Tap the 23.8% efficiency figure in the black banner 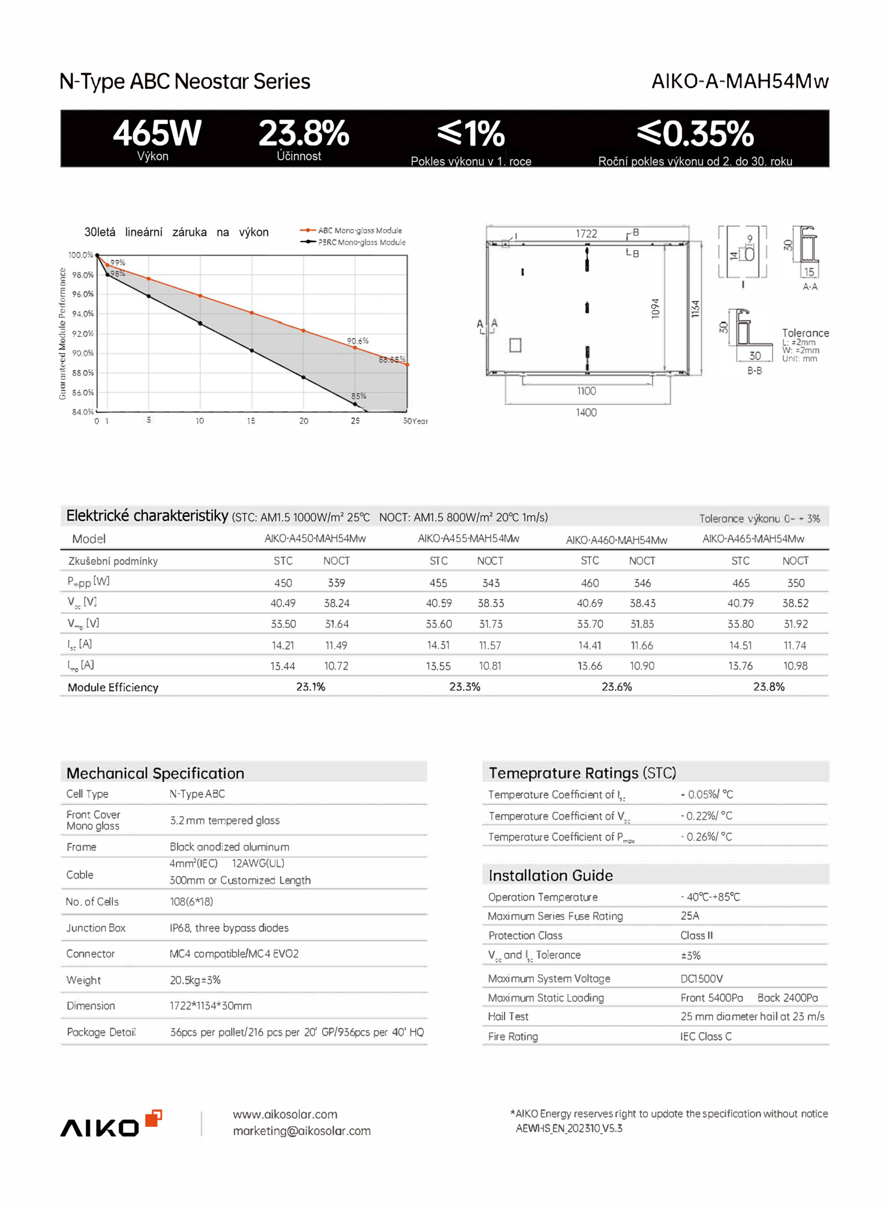click(303, 133)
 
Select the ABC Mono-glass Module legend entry click(359, 230)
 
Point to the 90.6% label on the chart click(357, 341)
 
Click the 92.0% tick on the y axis click(82, 334)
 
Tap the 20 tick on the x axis click(303, 421)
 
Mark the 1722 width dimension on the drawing click(586, 234)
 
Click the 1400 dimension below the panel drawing click(586, 413)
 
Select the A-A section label click(809, 287)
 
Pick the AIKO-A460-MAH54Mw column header click(616, 540)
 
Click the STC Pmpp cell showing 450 click(283, 583)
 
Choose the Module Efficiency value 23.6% click(617, 687)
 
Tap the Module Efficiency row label click(113, 687)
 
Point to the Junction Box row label click(96, 928)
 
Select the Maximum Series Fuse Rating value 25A click(689, 916)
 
